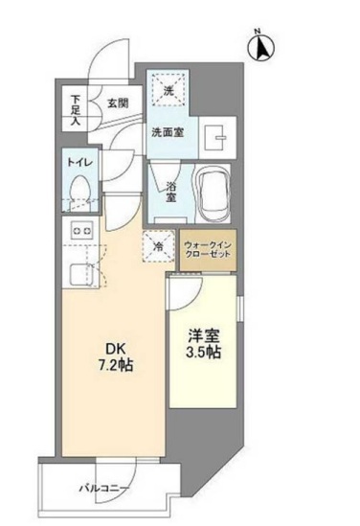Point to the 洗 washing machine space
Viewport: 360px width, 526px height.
169,92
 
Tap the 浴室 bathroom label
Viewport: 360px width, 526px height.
170,191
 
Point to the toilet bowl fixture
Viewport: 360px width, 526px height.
81,190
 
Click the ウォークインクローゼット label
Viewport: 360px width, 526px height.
207,250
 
